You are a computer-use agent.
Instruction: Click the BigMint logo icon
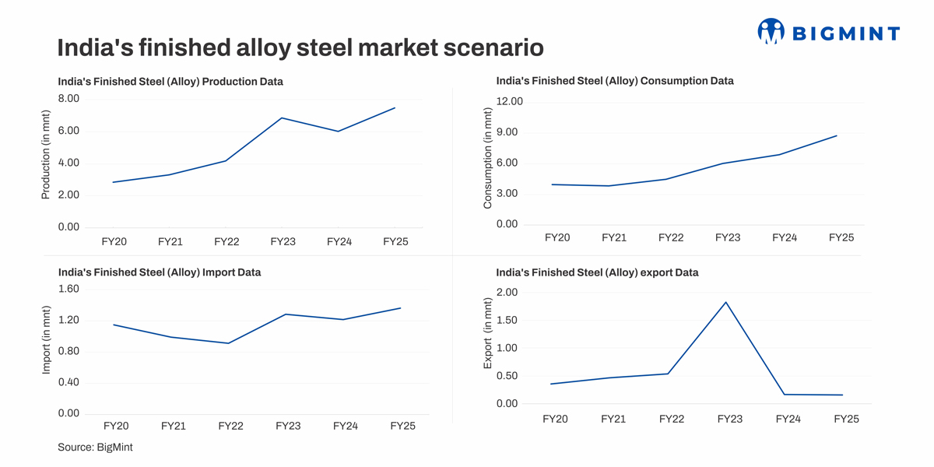(x=771, y=31)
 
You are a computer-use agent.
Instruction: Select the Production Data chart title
(x=170, y=81)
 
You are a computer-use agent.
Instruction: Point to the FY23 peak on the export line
(x=726, y=302)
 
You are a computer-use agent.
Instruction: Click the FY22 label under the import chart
(x=230, y=426)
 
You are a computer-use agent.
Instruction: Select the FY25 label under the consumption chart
(x=841, y=237)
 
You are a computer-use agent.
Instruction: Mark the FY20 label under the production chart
(x=114, y=242)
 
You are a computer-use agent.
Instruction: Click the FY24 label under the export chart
(x=788, y=419)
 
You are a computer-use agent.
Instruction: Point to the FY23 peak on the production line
(x=282, y=118)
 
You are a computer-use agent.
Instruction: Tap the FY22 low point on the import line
(x=228, y=343)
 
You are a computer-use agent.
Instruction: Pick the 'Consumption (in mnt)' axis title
(x=488, y=158)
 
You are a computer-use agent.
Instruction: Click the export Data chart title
(x=597, y=272)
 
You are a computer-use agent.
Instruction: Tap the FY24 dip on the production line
(x=338, y=132)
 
